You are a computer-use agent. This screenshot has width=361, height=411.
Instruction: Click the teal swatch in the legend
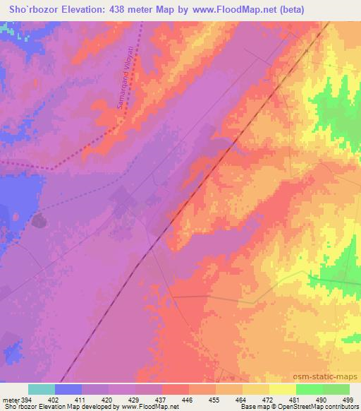click(42, 389)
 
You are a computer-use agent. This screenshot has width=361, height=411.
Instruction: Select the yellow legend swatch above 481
click(283, 389)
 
